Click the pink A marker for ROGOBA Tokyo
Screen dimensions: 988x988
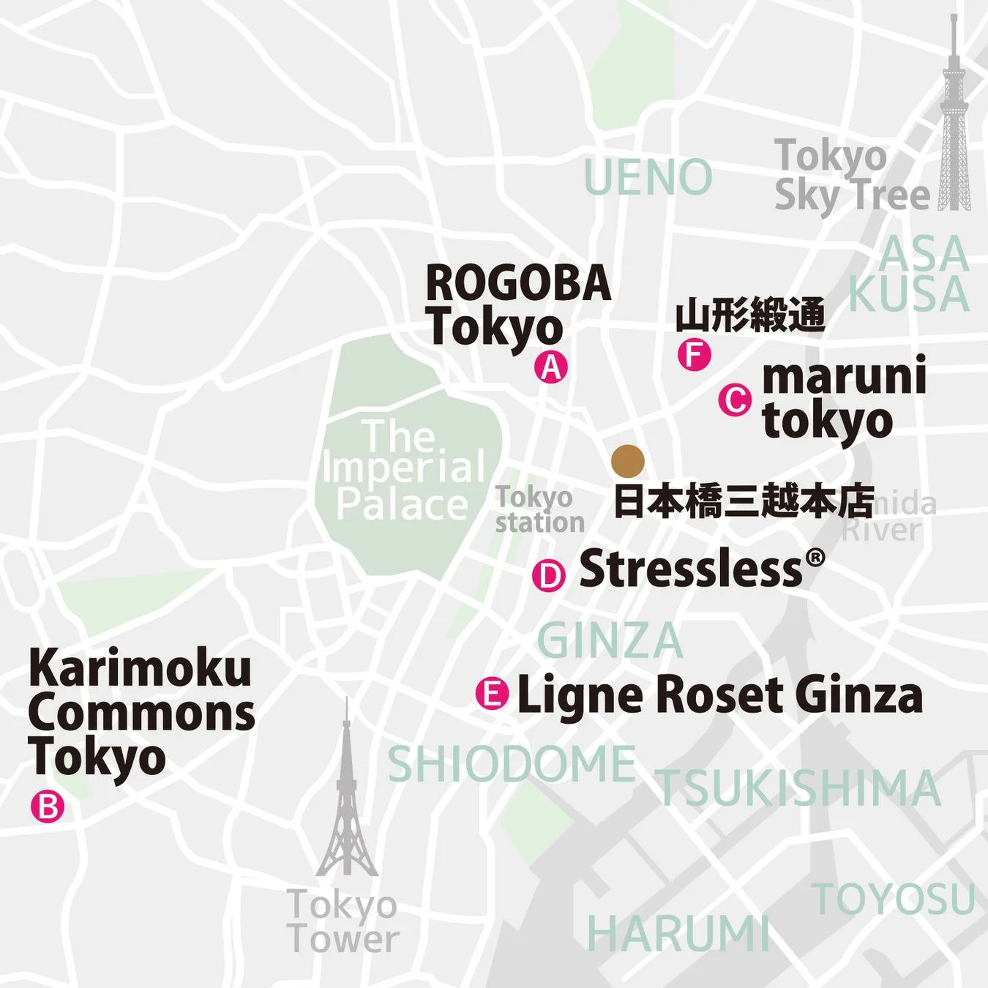(x=551, y=367)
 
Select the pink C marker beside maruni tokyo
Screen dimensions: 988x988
(x=735, y=400)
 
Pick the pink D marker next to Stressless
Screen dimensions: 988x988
(x=549, y=575)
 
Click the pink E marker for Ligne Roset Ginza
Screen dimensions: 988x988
(x=492, y=693)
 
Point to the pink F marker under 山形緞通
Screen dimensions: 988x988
(x=694, y=355)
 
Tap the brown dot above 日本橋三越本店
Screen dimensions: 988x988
(x=628, y=460)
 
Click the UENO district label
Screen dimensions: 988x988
(x=648, y=178)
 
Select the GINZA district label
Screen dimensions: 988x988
(x=610, y=641)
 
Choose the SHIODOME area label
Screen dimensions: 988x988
(x=512, y=764)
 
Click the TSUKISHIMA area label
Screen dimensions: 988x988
(x=798, y=789)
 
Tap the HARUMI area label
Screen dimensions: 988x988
(x=678, y=934)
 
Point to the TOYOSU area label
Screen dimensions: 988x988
(x=894, y=899)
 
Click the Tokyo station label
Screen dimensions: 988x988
(x=539, y=509)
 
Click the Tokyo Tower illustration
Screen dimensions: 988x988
(x=347, y=798)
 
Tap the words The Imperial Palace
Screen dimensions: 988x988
(x=403, y=470)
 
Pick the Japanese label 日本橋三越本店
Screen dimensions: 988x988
(x=743, y=501)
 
